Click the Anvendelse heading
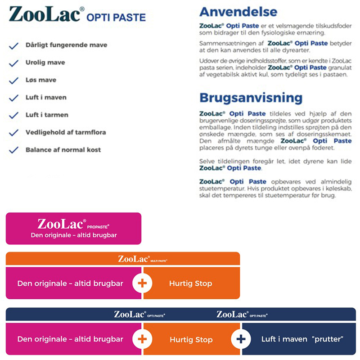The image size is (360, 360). pyautogui.click(x=238, y=12)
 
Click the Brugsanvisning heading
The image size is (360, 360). pyautogui.click(x=251, y=98)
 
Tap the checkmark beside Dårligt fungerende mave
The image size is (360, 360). pyautogui.click(x=14, y=45)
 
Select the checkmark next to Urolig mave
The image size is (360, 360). pyautogui.click(x=14, y=63)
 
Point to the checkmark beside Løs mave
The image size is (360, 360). pyautogui.click(x=14, y=81)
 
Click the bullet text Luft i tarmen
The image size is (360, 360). pyautogui.click(x=47, y=115)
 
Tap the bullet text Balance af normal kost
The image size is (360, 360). pyautogui.click(x=63, y=150)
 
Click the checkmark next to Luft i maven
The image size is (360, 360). pyautogui.click(x=14, y=98)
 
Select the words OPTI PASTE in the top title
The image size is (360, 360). pyautogui.click(x=116, y=18)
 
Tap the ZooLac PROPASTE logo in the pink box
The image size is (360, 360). pyautogui.click(x=73, y=224)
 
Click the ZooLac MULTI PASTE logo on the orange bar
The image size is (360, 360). pyautogui.click(x=143, y=259)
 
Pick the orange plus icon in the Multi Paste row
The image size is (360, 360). pyautogui.click(x=142, y=283)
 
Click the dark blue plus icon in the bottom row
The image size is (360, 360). pyautogui.click(x=241, y=339)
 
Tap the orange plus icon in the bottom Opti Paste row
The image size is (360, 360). pyautogui.click(x=142, y=339)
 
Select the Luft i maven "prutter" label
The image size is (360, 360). pyautogui.click(x=302, y=339)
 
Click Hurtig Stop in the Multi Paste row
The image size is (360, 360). pyautogui.click(x=191, y=283)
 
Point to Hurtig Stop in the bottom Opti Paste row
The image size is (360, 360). pyautogui.click(x=191, y=340)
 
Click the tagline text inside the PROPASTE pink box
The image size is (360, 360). pyautogui.click(x=73, y=235)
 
